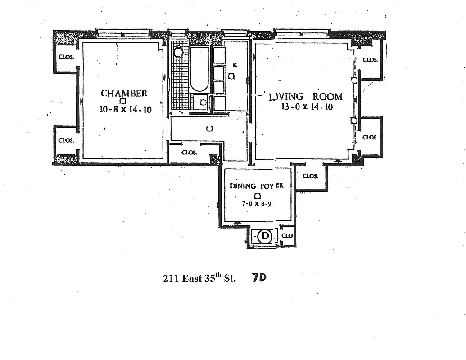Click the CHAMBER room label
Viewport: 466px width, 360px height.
(124, 93)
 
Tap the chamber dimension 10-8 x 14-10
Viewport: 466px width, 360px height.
(126, 109)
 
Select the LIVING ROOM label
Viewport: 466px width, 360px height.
(305, 97)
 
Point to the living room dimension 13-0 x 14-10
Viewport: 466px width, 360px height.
(307, 108)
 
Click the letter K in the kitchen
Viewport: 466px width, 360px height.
(235, 65)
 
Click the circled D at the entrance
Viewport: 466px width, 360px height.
(265, 236)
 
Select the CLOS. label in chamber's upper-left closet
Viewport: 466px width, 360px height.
(66, 57)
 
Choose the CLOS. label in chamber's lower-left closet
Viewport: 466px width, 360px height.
(66, 140)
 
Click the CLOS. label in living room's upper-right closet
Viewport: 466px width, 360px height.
(370, 60)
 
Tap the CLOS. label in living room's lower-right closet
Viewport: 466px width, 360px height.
(370, 137)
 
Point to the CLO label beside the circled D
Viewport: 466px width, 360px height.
(287, 235)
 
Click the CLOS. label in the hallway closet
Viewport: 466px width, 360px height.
(189, 153)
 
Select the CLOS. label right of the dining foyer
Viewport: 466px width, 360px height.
(310, 176)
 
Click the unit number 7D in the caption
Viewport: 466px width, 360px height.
(259, 278)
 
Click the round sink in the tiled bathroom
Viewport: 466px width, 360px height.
(178, 53)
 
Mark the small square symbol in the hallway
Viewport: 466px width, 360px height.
(209, 129)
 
